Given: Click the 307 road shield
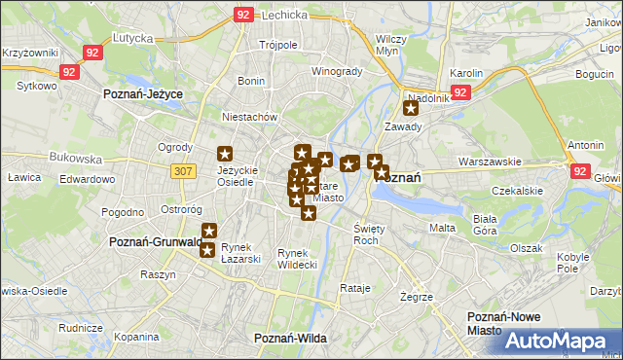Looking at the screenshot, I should pyautogui.click(x=181, y=170).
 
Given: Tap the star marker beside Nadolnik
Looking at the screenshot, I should pyautogui.click(x=411, y=109).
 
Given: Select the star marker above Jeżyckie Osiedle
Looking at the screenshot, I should pyautogui.click(x=225, y=154).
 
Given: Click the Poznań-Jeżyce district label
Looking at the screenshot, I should pyautogui.click(x=144, y=93).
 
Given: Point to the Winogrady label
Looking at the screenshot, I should pyautogui.click(x=336, y=71).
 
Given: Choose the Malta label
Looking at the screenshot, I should pyautogui.click(x=443, y=228).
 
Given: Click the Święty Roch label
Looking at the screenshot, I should pyautogui.click(x=366, y=234).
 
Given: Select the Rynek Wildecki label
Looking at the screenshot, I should pyautogui.click(x=297, y=258).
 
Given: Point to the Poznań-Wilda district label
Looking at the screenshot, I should pyautogui.click(x=289, y=337).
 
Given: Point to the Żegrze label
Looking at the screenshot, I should pyautogui.click(x=416, y=296).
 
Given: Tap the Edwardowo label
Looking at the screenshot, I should pyautogui.click(x=88, y=179).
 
